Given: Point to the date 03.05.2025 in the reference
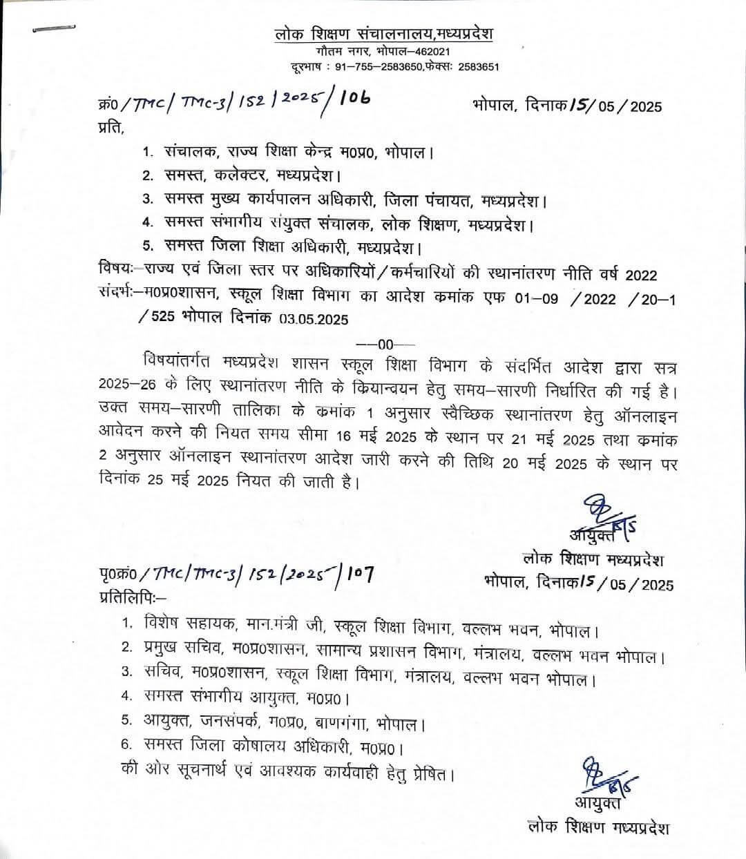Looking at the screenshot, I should tap(314, 320).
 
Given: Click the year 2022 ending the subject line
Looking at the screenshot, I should tap(642, 275).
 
